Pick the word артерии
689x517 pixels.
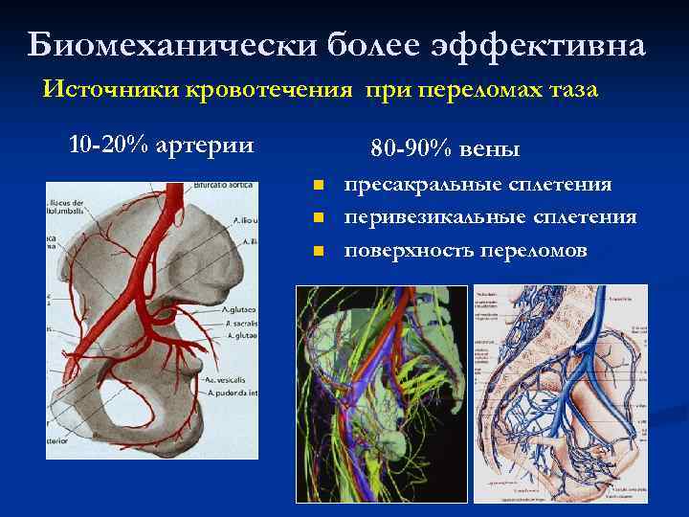point(205,146)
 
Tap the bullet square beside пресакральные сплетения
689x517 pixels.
point(319,185)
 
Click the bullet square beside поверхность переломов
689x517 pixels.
point(319,251)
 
